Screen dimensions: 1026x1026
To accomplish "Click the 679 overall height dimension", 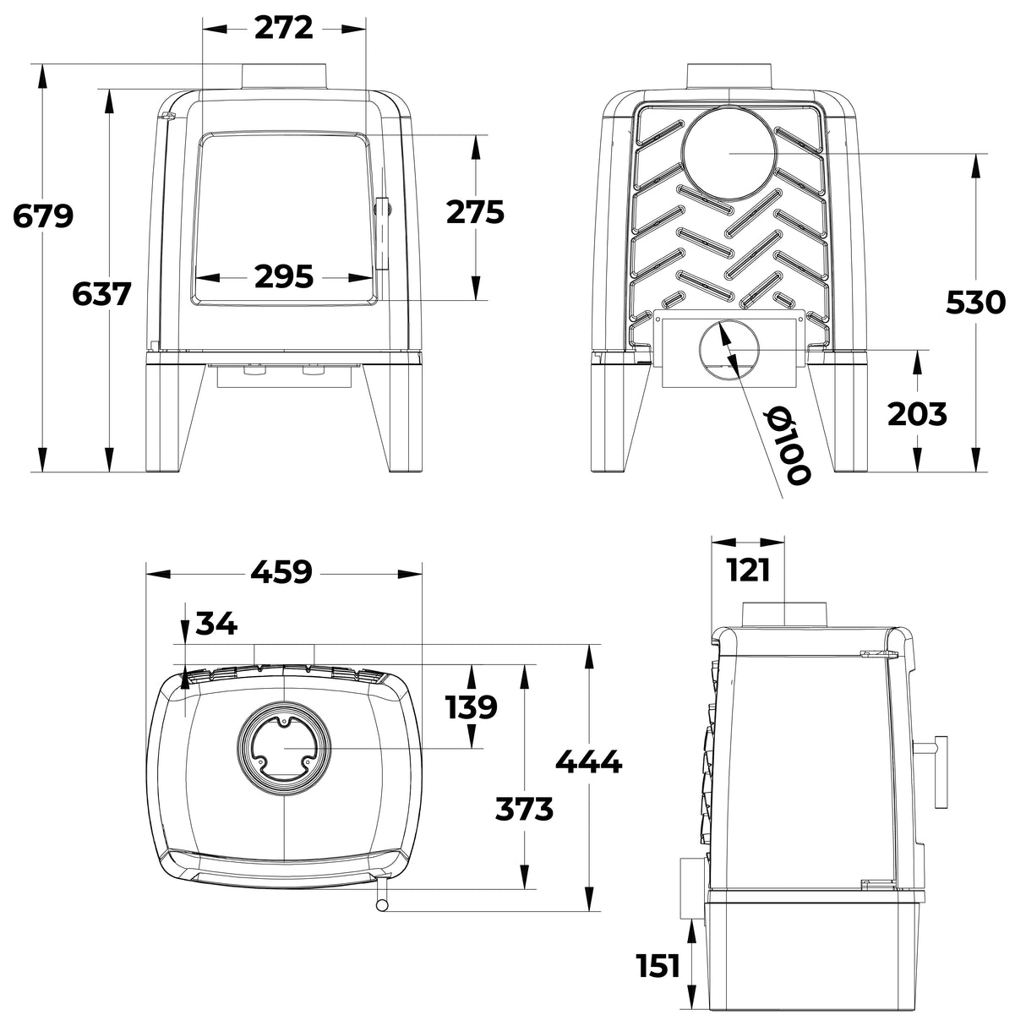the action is (43, 216).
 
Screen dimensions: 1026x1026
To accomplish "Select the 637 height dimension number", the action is (101, 294).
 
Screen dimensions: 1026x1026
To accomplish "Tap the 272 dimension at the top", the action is (283, 28).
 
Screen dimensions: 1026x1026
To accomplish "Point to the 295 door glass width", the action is (284, 277).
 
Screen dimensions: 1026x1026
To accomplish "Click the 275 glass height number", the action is (475, 212).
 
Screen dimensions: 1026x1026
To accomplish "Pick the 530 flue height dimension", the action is (975, 303).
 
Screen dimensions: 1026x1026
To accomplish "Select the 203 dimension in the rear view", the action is (917, 414).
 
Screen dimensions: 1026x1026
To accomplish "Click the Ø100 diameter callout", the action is (786, 445).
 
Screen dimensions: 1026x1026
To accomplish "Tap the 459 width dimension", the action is (281, 572).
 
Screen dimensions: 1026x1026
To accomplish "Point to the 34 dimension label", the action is (216, 624).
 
